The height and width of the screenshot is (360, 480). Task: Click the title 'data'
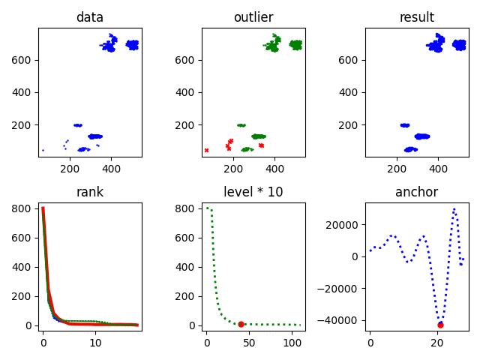[x=90, y=17]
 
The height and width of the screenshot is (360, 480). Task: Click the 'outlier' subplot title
[x=253, y=17]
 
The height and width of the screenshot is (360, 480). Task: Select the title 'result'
[x=417, y=17]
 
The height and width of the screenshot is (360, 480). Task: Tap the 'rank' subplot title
[x=90, y=192]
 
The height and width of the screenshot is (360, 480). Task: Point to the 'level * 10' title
[x=253, y=192]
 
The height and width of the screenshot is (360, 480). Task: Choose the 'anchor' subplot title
[x=417, y=192]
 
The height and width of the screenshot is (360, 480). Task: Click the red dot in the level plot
[x=241, y=324]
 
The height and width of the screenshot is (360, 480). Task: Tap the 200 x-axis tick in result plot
[x=397, y=168]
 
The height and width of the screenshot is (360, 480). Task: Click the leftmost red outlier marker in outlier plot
[x=206, y=150]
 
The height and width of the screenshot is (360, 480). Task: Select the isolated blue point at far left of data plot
[x=43, y=150]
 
